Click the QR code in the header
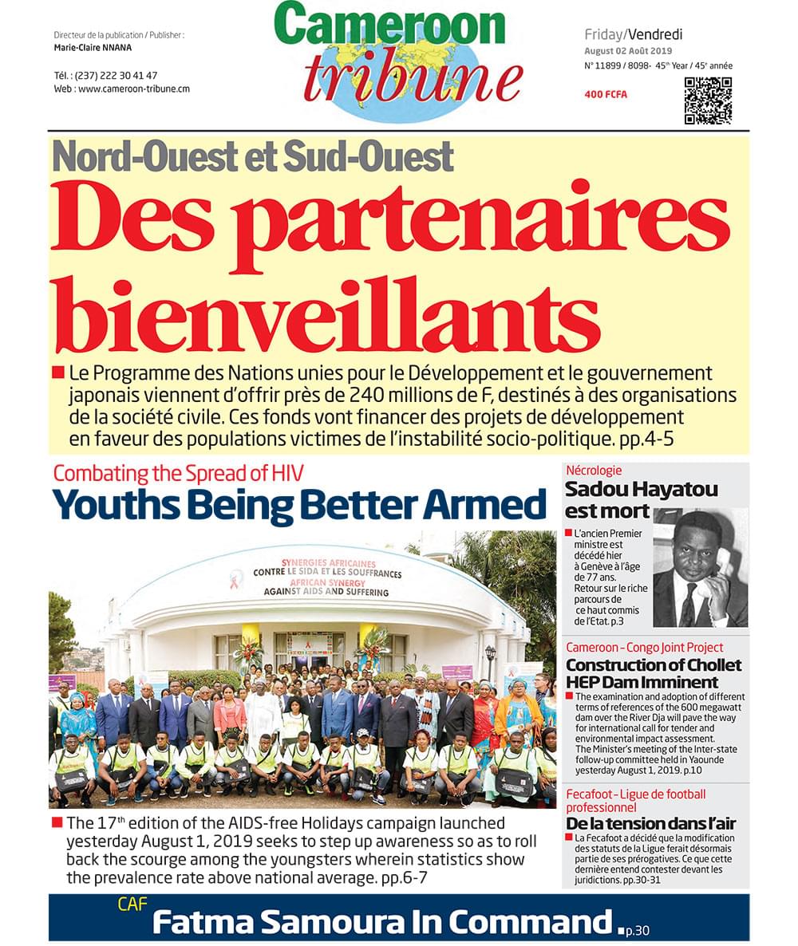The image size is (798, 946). click(x=708, y=101)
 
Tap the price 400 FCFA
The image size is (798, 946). click(x=606, y=95)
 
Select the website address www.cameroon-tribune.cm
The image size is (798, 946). click(x=133, y=89)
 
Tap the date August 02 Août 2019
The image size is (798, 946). click(x=628, y=51)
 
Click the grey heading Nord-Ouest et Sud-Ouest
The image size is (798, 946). click(x=253, y=156)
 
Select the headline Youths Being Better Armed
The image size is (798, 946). click(x=299, y=505)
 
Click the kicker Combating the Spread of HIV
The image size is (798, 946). click(x=177, y=473)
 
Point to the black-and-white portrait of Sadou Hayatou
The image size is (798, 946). click(x=700, y=568)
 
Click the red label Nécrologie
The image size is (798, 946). click(x=593, y=471)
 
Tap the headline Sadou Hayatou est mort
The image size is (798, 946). click(x=641, y=499)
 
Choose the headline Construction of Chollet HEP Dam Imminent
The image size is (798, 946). click(x=654, y=673)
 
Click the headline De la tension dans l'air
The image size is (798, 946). click(x=650, y=824)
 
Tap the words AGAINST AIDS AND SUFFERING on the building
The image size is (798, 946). click(x=326, y=593)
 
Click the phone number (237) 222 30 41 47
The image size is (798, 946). click(x=117, y=75)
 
